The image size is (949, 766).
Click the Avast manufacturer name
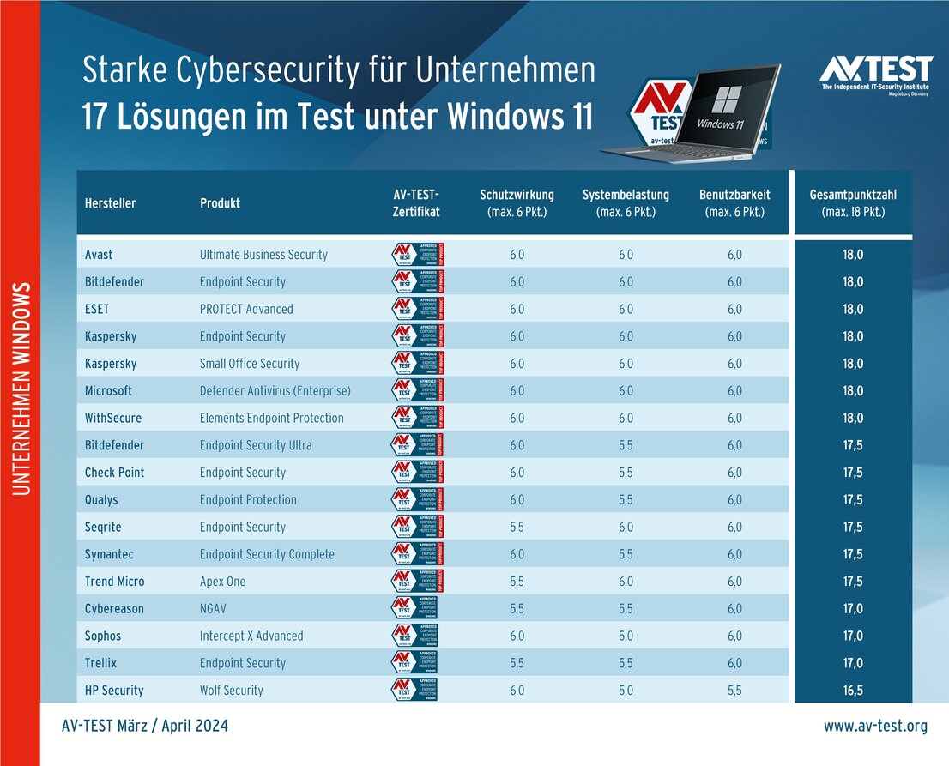click(99, 255)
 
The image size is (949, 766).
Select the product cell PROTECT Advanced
click(246, 309)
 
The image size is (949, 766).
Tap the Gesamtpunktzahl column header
click(852, 203)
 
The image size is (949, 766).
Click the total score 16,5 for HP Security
click(852, 691)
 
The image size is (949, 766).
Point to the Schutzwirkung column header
click(517, 203)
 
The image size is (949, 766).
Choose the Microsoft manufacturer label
click(108, 391)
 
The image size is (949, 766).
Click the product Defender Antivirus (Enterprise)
click(275, 391)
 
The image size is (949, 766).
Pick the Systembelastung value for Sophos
click(626, 636)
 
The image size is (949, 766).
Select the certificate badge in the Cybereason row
click(416, 608)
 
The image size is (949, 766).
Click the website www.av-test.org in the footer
click(875, 727)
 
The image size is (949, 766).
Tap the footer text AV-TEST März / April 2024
click(145, 727)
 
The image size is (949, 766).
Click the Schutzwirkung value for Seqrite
click(517, 527)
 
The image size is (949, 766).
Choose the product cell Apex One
click(222, 582)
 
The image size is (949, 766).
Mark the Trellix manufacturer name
click(101, 663)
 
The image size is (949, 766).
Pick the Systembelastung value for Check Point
click(626, 473)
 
